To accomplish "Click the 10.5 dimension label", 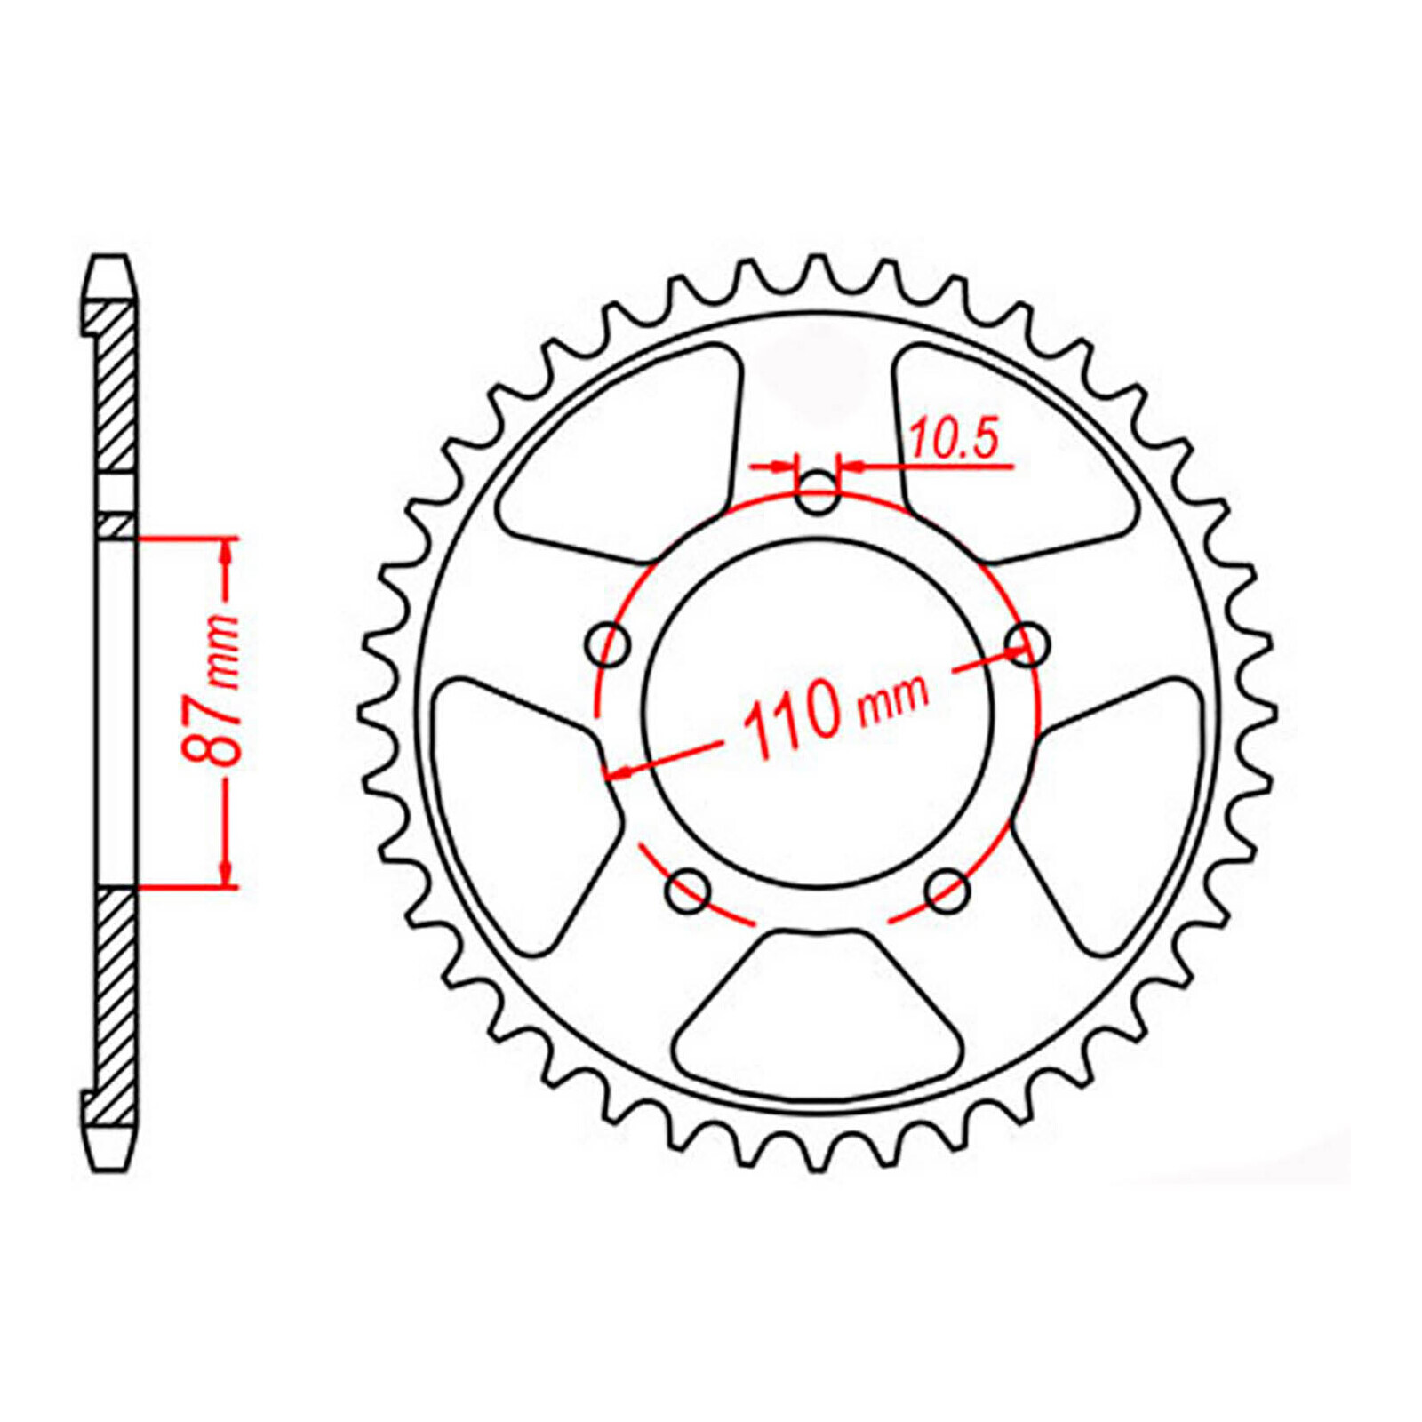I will point(954,440).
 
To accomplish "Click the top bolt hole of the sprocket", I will point(817,496).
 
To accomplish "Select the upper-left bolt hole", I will point(610,643).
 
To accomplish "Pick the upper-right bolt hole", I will point(1028,643).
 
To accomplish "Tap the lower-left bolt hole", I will point(688,891).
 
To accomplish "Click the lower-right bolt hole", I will point(947,891).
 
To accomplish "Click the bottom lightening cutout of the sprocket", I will point(818,1013).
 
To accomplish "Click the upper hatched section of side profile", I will point(116,387).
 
